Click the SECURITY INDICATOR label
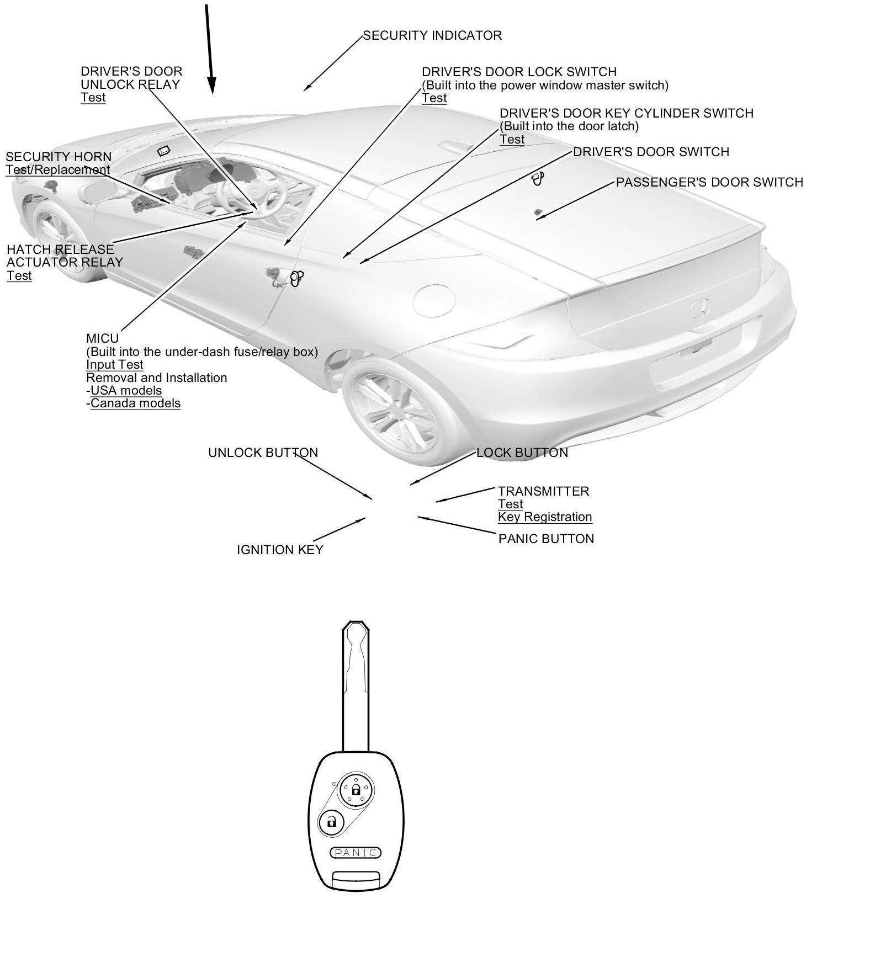pos(432,36)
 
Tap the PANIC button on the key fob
pos(356,853)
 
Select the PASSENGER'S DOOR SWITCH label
pos(709,182)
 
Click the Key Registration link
pos(545,517)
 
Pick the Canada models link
pos(135,403)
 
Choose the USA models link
pos(126,391)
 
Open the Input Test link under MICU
pos(115,365)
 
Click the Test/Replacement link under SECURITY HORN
pos(58,170)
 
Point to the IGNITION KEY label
pos(280,550)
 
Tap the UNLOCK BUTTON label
pos(263,453)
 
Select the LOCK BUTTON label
pos(522,453)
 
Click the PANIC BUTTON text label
pos(546,539)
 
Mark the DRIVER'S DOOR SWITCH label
pos(651,152)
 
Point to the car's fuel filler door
pos(434,297)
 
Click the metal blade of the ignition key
pos(356,690)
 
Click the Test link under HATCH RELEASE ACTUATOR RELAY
pos(19,276)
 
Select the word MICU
pos(102,338)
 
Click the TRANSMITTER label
pos(543,491)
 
